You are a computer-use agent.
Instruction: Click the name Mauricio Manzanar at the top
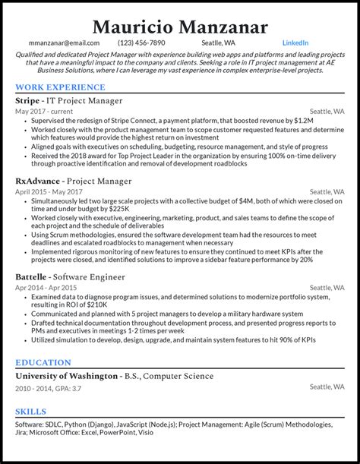pos(180,27)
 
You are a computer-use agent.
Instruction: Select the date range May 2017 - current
pos(44,112)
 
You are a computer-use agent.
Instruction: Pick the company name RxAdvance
pos(38,181)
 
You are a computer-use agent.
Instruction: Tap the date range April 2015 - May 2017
pos(50,192)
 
